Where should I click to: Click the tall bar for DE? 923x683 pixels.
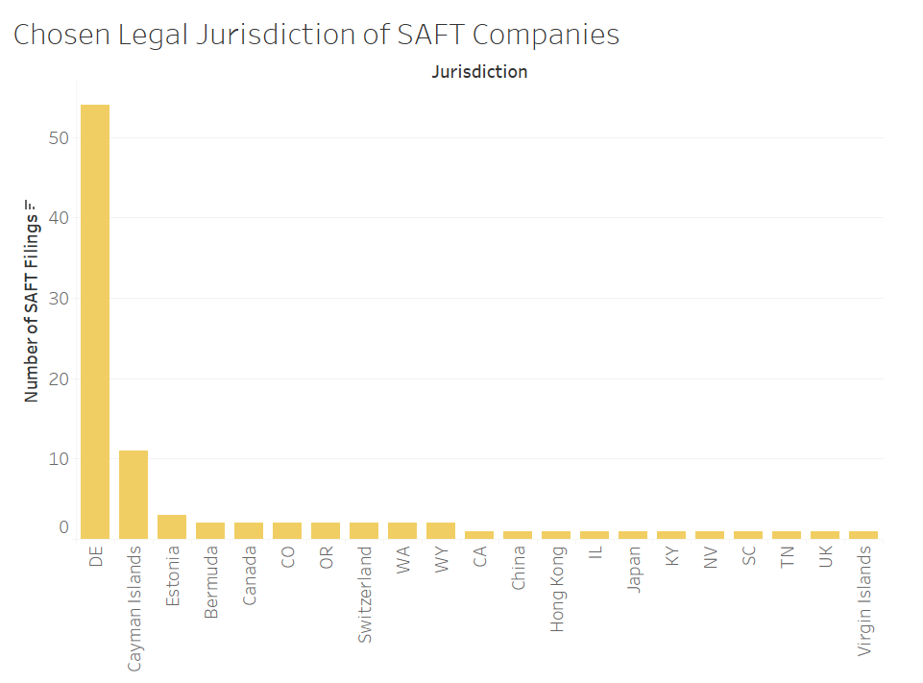coord(95,322)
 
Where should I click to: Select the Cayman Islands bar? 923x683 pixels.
coord(134,495)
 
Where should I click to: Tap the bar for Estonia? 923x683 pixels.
coord(172,526)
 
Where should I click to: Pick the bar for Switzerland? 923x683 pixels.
coord(364,530)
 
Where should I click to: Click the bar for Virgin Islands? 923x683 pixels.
coord(863,535)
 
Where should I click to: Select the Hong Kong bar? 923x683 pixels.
coord(556,535)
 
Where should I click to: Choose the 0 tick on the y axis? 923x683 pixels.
coord(63,527)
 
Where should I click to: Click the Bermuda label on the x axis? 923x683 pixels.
coord(210,582)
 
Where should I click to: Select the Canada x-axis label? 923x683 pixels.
coord(249,577)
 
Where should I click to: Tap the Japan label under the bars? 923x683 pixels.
coord(633,571)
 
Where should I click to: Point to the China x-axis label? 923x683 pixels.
coord(518,569)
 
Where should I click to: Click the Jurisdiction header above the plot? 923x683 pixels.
coord(479,72)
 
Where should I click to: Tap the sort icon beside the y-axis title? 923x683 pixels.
coord(31,205)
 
